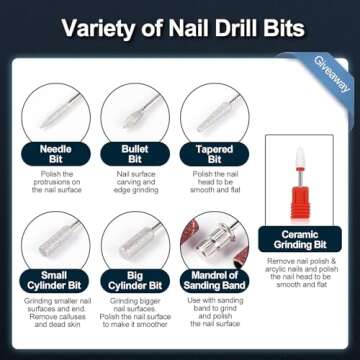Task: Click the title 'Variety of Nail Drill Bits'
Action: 180,27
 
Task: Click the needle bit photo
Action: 53,115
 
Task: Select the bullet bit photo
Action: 134,115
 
